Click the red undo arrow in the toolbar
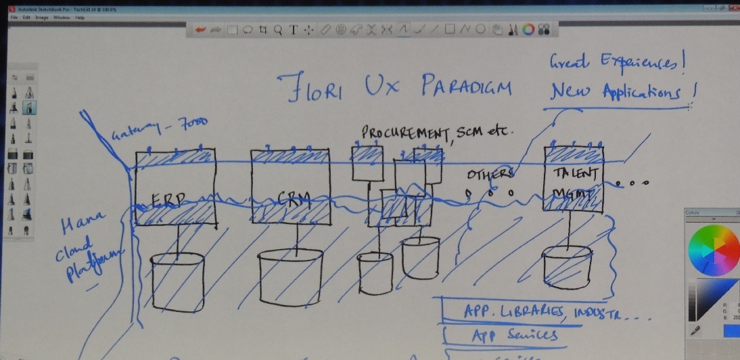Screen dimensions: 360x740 click(200, 29)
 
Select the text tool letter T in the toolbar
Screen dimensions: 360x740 click(294, 29)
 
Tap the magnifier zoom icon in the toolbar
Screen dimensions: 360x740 click(278, 29)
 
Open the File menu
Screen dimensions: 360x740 click(14, 17)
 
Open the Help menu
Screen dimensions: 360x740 click(80, 17)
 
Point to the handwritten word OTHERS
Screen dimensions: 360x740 click(491, 175)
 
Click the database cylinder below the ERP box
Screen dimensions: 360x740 click(177, 283)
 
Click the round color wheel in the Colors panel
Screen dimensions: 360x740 click(714, 250)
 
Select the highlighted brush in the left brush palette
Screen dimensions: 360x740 click(30, 108)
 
